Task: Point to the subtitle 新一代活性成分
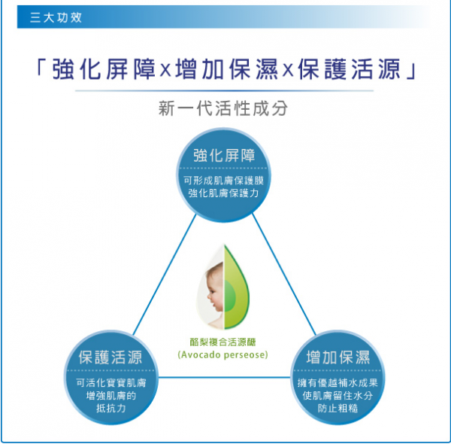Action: (x=223, y=108)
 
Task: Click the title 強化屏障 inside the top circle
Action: (x=223, y=156)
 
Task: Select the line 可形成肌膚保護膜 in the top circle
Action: (x=223, y=181)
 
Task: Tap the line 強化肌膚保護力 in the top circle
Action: (x=223, y=195)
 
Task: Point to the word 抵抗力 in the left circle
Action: (x=110, y=409)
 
